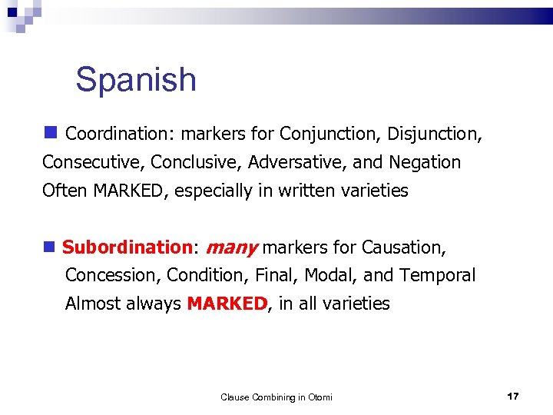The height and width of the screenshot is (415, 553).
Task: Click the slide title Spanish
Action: pos(136,80)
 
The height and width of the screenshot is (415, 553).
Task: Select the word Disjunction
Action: pos(433,134)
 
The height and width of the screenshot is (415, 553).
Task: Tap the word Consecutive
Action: pos(94,162)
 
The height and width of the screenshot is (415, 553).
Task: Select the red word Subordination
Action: pos(126,247)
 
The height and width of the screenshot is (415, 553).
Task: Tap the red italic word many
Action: pos(232,247)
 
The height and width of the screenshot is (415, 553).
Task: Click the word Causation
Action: pos(402,247)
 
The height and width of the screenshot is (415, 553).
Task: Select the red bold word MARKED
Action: pos(227,304)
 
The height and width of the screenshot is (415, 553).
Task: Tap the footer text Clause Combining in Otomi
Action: pos(276,397)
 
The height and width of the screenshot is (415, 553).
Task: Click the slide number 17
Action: pos(513,396)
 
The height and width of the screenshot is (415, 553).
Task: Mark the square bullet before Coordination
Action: pos(51,132)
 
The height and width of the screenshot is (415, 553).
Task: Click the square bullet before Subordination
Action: pos(51,247)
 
